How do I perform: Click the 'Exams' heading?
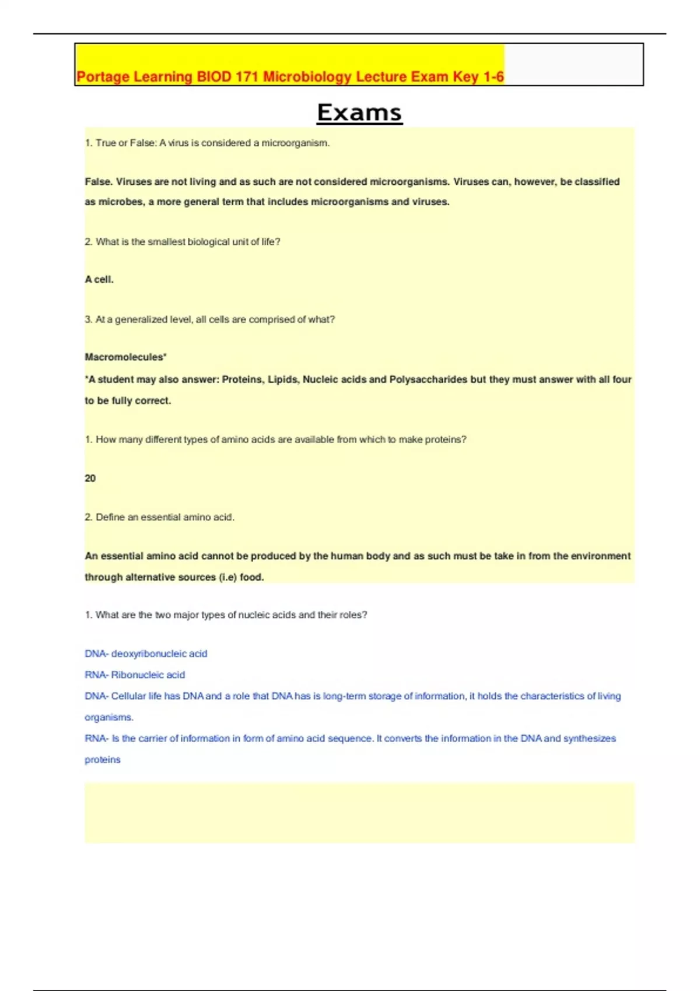(359, 113)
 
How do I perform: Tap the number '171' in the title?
(247, 77)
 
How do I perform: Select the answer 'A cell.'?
(99, 280)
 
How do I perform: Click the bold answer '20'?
(90, 479)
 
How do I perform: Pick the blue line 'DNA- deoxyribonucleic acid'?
(146, 654)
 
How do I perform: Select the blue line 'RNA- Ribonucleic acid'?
(135, 675)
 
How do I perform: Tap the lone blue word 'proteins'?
(103, 760)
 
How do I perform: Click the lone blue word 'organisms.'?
(109, 718)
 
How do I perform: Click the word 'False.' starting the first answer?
(98, 182)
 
